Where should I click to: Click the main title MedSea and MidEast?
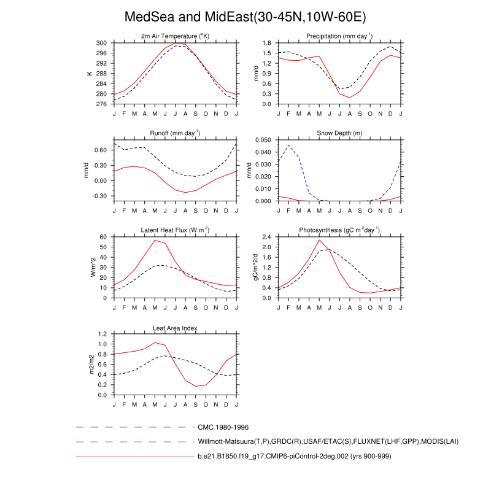click(245, 16)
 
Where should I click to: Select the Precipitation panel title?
click(339, 36)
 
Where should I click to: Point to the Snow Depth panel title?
click(339, 133)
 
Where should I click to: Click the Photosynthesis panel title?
click(339, 230)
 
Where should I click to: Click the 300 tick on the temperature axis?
click(102, 43)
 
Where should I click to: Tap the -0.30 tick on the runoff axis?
click(99, 196)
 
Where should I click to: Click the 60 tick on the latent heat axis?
click(104, 237)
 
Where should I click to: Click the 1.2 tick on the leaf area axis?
click(102, 334)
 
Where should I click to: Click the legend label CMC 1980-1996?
click(223, 427)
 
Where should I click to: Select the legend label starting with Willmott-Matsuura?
click(328, 441)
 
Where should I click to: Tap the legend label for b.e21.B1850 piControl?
click(294, 457)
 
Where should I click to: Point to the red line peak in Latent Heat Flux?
click(155, 240)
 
